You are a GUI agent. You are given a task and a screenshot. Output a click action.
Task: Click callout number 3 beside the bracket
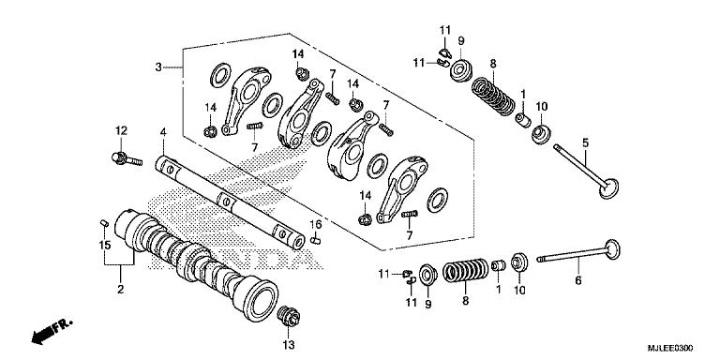pos(158,67)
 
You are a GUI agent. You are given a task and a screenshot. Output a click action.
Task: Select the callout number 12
pos(121,129)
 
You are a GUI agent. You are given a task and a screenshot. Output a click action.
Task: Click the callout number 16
pos(316,225)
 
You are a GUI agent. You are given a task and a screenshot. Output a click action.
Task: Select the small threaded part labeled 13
pos(289,316)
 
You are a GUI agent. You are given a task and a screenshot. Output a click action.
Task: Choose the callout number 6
pos(577,280)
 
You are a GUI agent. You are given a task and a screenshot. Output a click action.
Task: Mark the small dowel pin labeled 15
pos(104,221)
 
